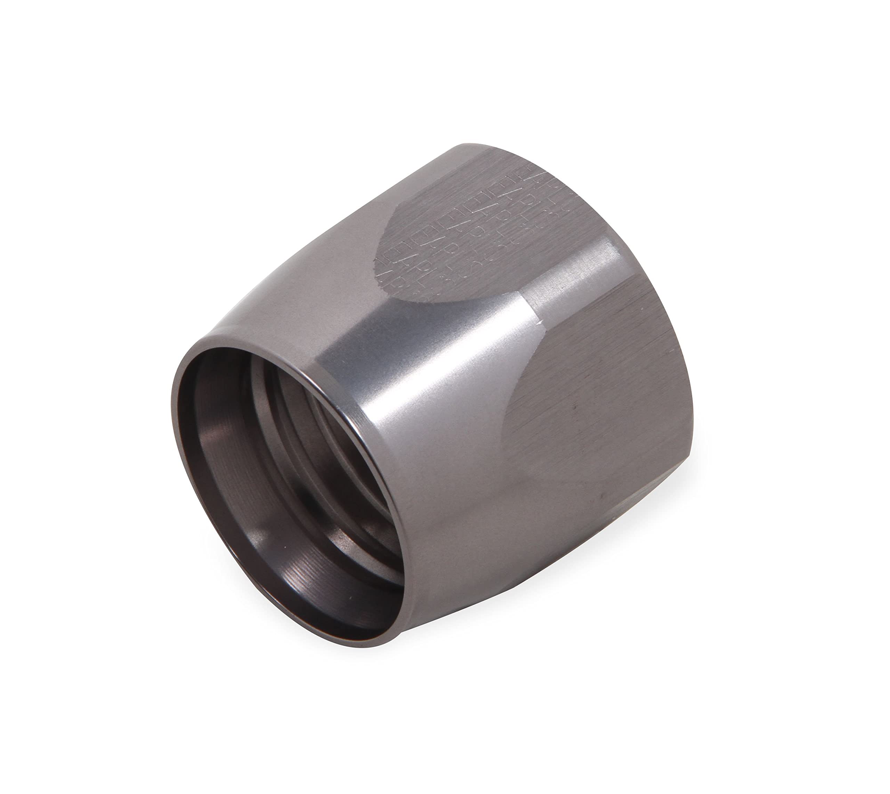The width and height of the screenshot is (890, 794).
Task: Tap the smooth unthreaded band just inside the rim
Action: [218, 436]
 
